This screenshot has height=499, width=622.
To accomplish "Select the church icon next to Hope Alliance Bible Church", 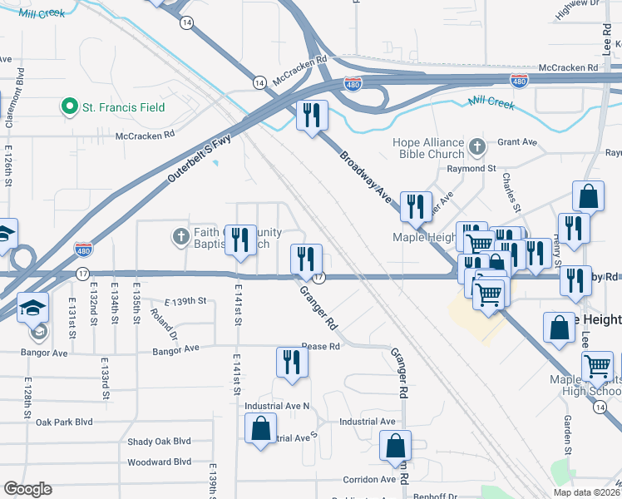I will coord(476,148).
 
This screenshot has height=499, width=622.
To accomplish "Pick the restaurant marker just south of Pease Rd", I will coord(291,362).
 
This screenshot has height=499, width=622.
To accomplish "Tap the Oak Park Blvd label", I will coord(63,422).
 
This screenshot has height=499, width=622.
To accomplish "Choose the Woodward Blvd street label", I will coord(160,462).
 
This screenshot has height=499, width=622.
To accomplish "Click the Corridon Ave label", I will coord(370,480).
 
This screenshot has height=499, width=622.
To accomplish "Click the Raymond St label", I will coord(471,168).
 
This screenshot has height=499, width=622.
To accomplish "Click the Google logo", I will coord(27,489).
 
